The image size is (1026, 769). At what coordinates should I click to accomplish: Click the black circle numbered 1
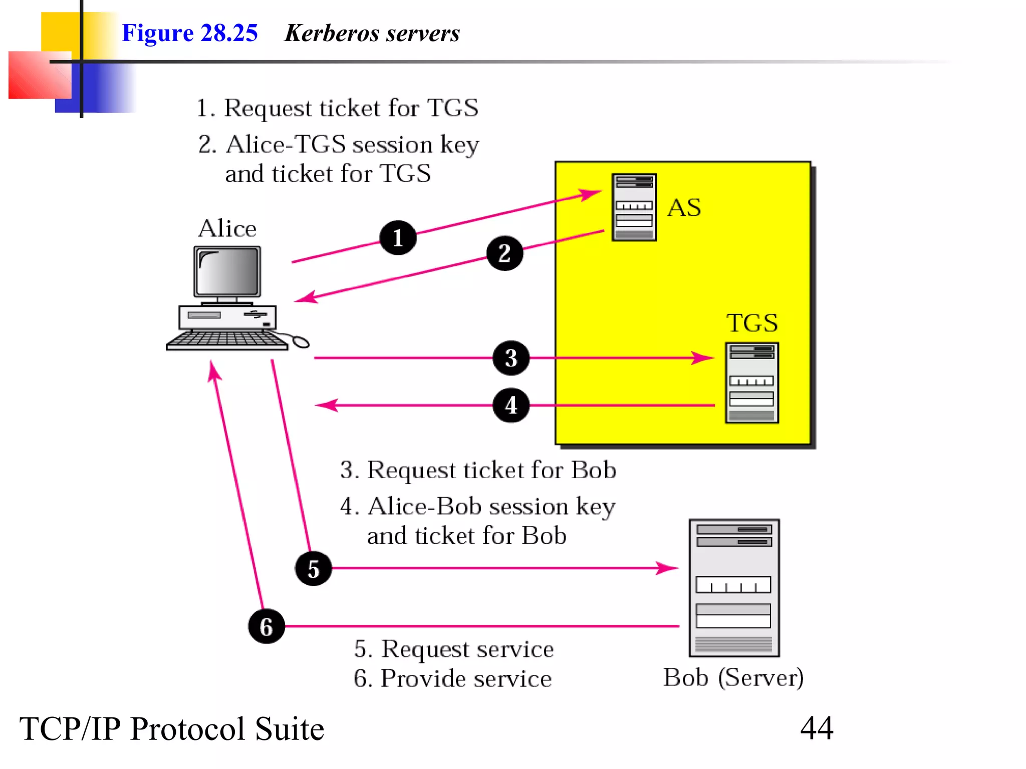pyautogui.click(x=398, y=238)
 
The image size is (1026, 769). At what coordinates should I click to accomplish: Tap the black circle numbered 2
pyautogui.click(x=504, y=253)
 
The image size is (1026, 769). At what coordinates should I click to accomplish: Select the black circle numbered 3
pyautogui.click(x=511, y=358)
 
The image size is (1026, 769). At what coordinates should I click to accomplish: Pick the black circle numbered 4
pyautogui.click(x=511, y=405)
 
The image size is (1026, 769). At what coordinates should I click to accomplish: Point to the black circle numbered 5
pyautogui.click(x=314, y=569)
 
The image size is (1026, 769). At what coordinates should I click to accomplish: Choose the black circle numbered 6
pyautogui.click(x=267, y=626)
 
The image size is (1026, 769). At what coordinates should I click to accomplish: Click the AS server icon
pyautogui.click(x=634, y=207)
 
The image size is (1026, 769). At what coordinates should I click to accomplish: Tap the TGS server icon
pyautogui.click(x=751, y=383)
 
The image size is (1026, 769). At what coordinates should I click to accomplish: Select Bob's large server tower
pyautogui.click(x=734, y=588)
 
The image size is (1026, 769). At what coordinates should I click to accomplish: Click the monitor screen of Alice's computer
pyautogui.click(x=227, y=272)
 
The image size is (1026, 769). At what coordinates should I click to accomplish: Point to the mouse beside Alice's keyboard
pyautogui.click(x=301, y=342)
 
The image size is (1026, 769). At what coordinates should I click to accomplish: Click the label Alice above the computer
pyautogui.click(x=227, y=228)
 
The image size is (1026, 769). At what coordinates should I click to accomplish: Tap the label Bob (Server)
pyautogui.click(x=733, y=677)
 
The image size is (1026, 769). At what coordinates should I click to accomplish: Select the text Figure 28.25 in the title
pyautogui.click(x=189, y=33)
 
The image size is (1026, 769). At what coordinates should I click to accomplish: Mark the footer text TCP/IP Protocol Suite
pyautogui.click(x=172, y=728)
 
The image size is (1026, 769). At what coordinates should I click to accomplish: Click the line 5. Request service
pyautogui.click(x=453, y=649)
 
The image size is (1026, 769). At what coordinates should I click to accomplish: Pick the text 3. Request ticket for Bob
pyautogui.click(x=478, y=470)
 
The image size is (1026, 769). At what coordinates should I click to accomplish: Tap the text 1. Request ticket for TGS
pyautogui.click(x=337, y=108)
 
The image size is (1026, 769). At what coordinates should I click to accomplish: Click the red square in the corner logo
pyautogui.click(x=39, y=75)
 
